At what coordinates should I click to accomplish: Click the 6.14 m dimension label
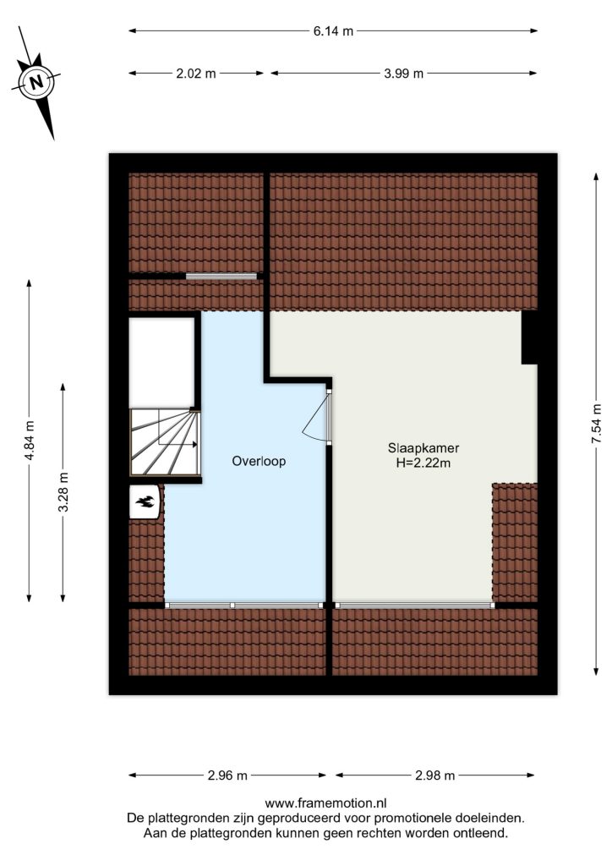[333, 31]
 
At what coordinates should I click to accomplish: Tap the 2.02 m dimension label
[196, 73]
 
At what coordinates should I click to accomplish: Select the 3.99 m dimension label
[403, 73]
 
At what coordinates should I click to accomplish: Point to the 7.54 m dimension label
[596, 424]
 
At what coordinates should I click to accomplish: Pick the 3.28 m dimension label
[63, 492]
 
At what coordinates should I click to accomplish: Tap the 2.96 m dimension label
[227, 776]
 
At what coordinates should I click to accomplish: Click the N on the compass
[36, 83]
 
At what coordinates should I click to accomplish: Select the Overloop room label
[259, 461]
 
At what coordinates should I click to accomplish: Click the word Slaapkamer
[423, 448]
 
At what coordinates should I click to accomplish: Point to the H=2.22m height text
[423, 463]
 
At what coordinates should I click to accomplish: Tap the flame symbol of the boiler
[145, 502]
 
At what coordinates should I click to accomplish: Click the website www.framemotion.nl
[325, 803]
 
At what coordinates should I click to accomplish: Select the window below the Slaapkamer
[414, 606]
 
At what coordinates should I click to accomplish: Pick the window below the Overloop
[244, 606]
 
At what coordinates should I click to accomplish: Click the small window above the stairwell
[221, 277]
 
